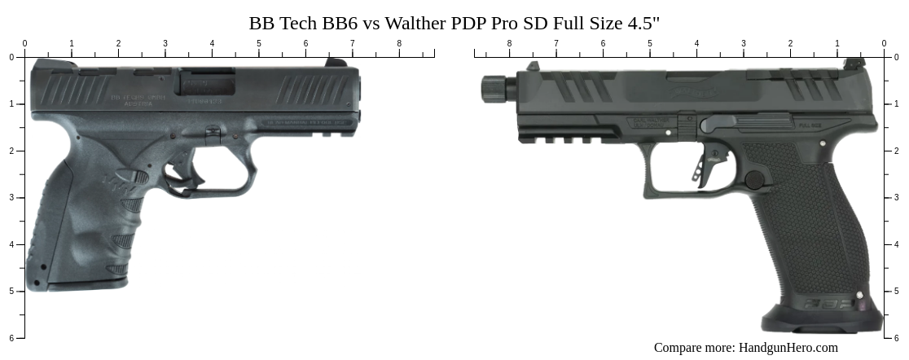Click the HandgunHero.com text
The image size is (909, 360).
click(788, 348)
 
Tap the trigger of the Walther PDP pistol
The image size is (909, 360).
click(700, 167)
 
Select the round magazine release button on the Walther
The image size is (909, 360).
click(754, 180)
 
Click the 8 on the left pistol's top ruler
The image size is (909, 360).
click(399, 43)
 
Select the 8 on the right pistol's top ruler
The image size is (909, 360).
click(509, 43)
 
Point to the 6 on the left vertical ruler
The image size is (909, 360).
click(11, 338)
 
